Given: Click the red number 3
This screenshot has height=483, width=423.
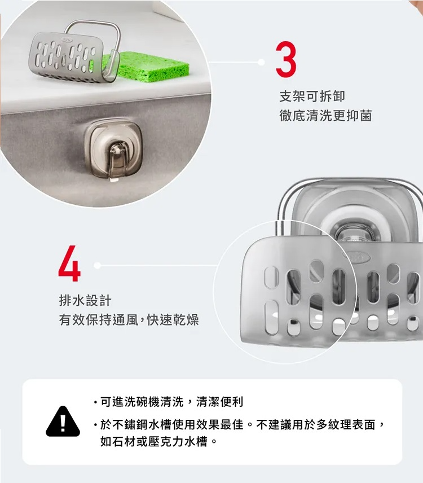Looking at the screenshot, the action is [286, 59].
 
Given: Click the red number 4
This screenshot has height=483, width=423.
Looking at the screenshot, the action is [69, 263].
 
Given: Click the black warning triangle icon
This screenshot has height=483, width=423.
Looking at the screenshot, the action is [63, 421].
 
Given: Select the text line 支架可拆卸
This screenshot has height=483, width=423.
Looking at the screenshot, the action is [312, 96].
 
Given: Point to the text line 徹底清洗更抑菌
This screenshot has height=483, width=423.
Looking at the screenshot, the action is [326, 116].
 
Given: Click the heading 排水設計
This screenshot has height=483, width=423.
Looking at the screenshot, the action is [85, 300].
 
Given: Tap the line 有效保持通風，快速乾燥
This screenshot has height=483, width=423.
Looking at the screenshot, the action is [129, 320].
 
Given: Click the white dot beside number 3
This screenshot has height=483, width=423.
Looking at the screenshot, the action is [261, 62].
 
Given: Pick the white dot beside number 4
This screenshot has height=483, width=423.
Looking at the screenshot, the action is [97, 265].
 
